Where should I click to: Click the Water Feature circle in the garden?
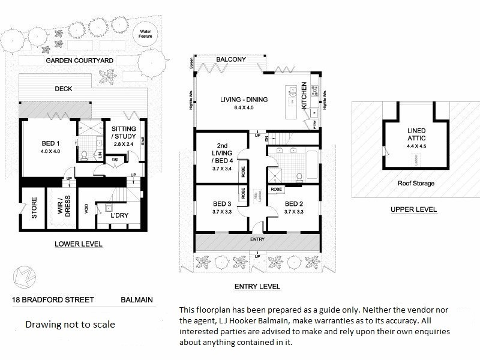[145, 34]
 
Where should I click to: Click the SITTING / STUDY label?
[124, 133]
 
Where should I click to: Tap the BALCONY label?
[231, 60]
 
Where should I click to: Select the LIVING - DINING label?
[244, 100]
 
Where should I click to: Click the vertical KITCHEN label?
[304, 95]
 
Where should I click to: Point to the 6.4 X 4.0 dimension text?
[243, 108]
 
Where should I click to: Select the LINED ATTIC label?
[415, 134]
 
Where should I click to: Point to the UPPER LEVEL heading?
[413, 209]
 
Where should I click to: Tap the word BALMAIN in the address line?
[137, 299]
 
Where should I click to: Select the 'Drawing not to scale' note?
[70, 325]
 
